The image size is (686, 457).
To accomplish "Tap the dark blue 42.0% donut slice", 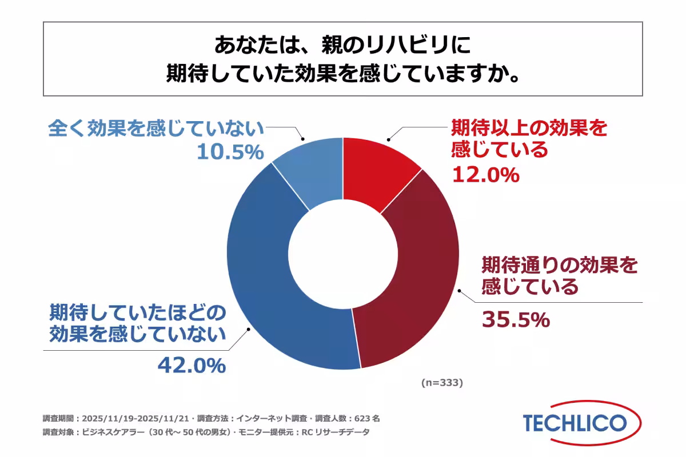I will coord(269,286).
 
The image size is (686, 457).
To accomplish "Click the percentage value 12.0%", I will coord(485,175).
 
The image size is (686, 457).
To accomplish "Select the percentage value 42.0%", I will coord(192,365).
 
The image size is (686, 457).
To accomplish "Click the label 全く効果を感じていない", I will coord(155,129).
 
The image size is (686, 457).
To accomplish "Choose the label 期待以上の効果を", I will coord(529,127).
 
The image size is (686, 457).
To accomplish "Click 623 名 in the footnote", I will coord(366,418).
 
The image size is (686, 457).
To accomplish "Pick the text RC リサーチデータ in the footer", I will coord(334,432).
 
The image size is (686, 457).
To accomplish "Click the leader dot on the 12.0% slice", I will coord(388,139).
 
